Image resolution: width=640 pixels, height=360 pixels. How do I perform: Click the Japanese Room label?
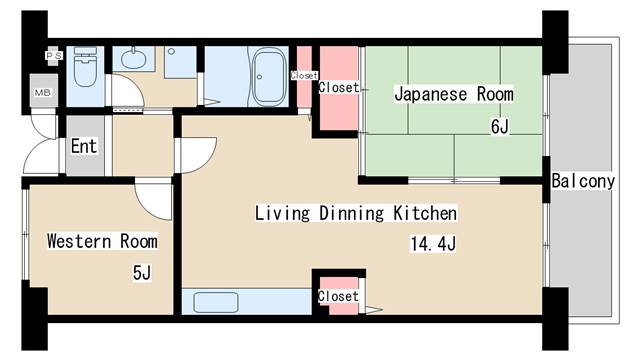453,95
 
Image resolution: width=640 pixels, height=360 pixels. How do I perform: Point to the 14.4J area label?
432,243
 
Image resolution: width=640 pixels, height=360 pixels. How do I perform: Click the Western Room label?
102,241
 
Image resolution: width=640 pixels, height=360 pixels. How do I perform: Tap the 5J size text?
141,272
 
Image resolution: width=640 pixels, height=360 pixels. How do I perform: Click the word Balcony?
582,181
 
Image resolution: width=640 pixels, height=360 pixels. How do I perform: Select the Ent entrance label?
84,146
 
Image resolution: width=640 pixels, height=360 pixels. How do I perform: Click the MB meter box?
44,92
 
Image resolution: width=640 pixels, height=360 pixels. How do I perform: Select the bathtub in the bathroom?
268,75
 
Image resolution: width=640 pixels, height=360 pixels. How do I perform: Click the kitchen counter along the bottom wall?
246,302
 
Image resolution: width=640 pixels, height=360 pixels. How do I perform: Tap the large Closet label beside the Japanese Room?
338,88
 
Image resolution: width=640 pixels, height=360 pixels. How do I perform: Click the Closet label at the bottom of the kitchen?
338,296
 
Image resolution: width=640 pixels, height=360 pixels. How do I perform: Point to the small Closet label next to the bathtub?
303,75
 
